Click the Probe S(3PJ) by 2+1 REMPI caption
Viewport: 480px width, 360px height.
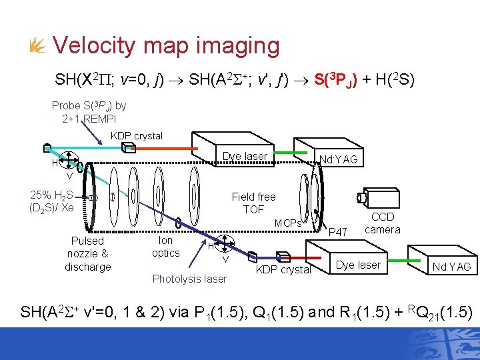[89, 112]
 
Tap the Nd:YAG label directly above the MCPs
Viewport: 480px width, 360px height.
[339, 159]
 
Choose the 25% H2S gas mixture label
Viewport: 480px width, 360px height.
[52, 201]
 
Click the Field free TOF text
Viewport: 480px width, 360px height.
[253, 203]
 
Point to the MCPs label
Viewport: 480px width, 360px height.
[288, 223]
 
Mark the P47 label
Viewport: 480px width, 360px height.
[339, 231]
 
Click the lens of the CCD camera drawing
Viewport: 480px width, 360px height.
[360, 198]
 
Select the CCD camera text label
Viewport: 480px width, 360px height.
[383, 223]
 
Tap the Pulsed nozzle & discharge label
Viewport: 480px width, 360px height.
[87, 253]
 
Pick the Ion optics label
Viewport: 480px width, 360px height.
[165, 247]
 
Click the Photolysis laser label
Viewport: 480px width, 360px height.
[189, 279]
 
